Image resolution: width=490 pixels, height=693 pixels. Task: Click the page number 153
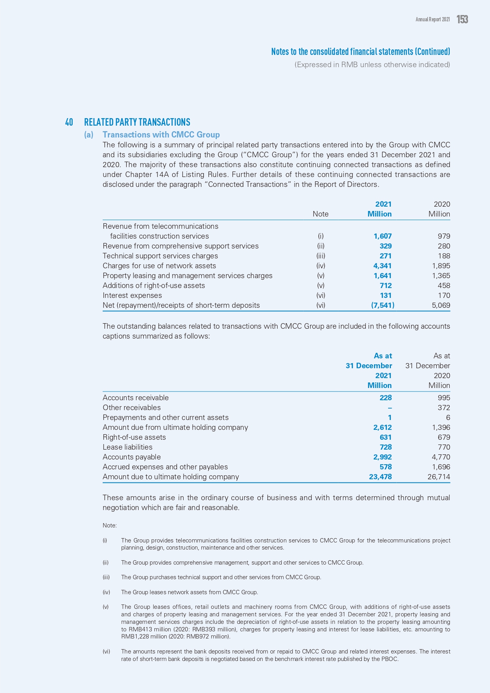(462, 19)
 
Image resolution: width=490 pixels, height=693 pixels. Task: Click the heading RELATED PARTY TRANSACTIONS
(137, 122)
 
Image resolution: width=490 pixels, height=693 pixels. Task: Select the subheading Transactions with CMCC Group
(161, 135)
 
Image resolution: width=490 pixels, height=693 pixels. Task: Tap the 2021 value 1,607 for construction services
(383, 236)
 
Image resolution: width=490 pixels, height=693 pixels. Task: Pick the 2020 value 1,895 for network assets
(441, 266)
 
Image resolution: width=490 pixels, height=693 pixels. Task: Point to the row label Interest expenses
(132, 296)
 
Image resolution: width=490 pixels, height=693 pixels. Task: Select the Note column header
(321, 214)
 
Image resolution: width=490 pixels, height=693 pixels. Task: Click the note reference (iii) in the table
(321, 256)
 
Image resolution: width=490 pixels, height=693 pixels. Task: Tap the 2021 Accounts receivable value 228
(385, 398)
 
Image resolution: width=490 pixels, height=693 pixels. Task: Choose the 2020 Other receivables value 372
(444, 408)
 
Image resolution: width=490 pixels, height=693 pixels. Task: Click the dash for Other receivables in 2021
(390, 408)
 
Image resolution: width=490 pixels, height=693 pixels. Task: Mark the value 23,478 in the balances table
(380, 477)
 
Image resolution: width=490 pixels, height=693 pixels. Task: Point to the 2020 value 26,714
(439, 477)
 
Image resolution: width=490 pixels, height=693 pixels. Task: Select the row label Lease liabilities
(128, 447)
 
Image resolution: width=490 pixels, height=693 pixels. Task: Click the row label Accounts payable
(131, 457)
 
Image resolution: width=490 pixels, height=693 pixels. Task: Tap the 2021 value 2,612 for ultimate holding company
(382, 427)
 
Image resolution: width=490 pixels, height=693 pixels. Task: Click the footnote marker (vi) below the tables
(106, 652)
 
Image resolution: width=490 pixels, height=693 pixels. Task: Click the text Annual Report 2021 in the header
(432, 19)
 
